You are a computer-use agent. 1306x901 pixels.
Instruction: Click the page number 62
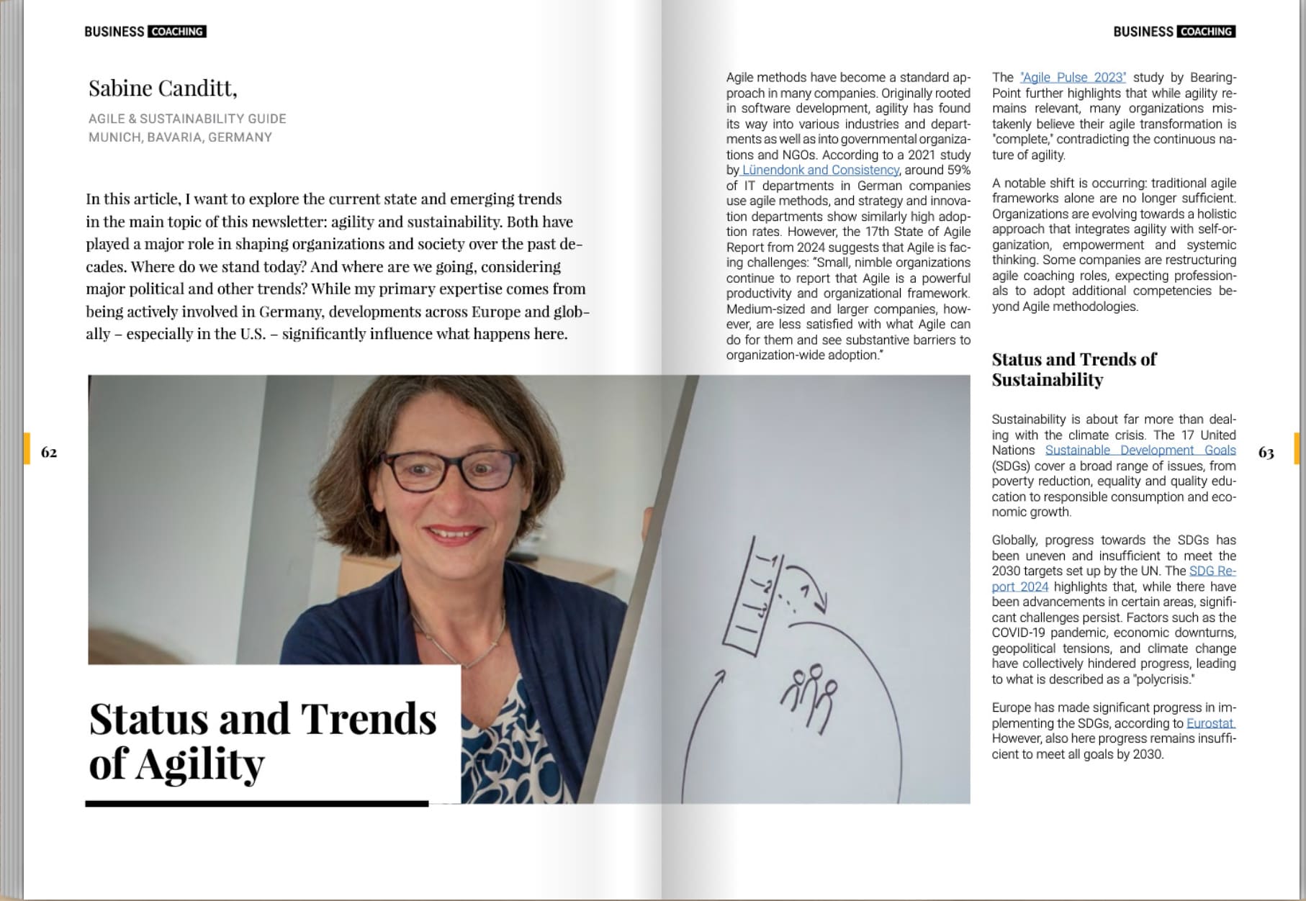(x=49, y=452)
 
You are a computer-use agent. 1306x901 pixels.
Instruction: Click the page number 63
(x=1266, y=452)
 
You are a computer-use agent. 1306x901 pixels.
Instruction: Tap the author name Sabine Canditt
(x=163, y=89)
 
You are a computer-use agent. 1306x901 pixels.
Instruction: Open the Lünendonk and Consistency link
(x=820, y=170)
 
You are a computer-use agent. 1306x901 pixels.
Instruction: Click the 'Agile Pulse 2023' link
(x=1073, y=78)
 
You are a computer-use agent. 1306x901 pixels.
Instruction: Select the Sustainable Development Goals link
(x=1140, y=450)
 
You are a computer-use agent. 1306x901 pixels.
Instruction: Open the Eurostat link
(x=1210, y=723)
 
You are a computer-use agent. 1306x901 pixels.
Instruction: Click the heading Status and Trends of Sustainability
(x=1073, y=369)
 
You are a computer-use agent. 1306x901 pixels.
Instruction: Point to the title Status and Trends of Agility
(x=262, y=741)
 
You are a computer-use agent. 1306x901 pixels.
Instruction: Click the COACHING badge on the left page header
(x=177, y=32)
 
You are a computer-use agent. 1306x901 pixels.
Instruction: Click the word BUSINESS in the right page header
(x=1143, y=32)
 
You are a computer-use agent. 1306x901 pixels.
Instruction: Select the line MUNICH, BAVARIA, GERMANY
(x=180, y=137)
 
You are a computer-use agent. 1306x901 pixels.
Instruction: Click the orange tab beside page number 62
(x=27, y=448)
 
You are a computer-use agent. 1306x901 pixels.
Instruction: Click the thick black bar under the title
(x=256, y=803)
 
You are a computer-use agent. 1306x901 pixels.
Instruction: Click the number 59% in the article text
(x=956, y=170)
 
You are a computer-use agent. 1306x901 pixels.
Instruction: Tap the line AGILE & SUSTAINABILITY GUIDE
(x=187, y=119)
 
